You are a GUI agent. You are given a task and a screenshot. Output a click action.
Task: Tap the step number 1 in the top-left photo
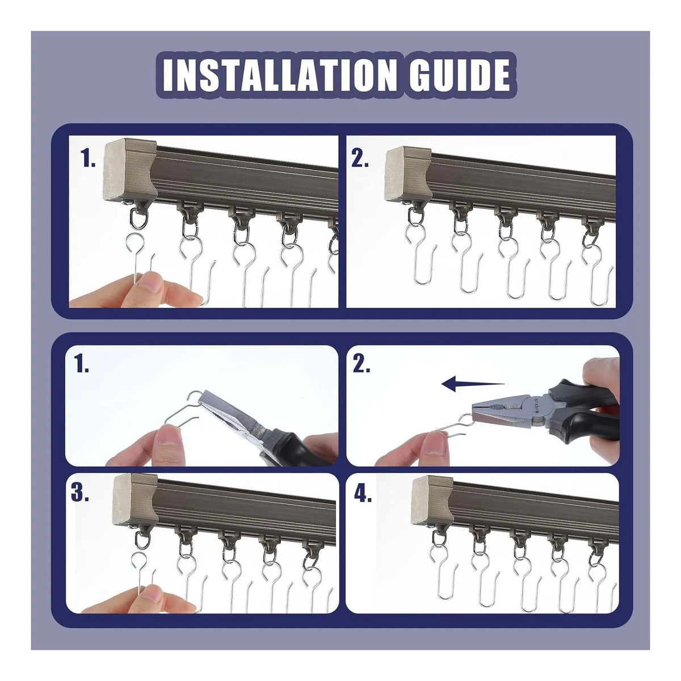87,158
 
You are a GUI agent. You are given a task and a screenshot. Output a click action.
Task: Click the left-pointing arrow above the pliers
473,384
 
